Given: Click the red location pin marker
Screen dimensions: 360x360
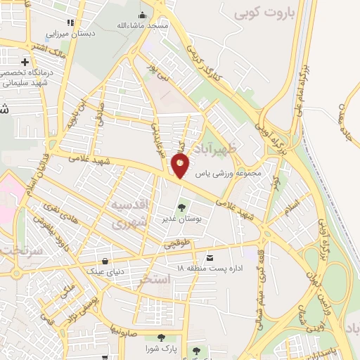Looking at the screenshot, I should (x=180, y=166).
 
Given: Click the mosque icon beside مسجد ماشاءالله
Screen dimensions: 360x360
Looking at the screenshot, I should (x=143, y=15).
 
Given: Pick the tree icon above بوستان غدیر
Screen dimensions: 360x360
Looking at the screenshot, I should (x=183, y=207).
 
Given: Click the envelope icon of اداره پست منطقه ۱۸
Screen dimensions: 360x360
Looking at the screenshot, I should (x=210, y=257).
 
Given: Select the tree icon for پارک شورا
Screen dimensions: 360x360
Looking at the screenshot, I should (x=163, y=337).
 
